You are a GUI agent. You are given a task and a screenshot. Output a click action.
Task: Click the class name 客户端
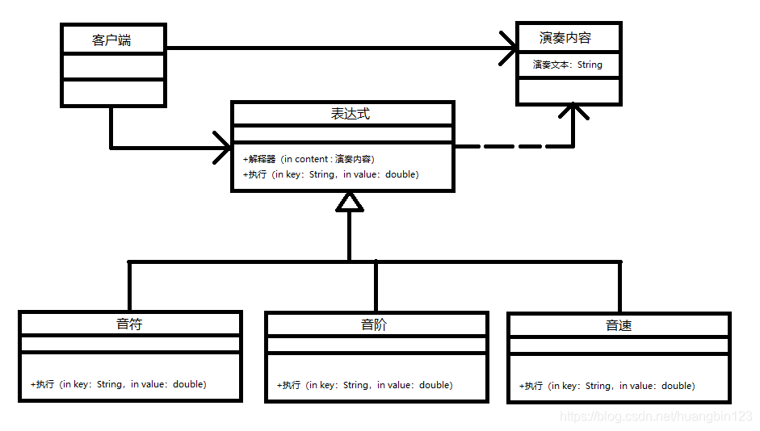112,40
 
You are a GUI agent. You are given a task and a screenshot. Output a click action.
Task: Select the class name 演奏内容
565,38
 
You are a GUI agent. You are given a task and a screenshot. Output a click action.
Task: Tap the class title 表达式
350,114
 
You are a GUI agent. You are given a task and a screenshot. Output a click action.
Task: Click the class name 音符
129,324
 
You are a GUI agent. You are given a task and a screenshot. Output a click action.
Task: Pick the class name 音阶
375,325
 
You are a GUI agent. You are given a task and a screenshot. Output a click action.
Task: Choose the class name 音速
619,325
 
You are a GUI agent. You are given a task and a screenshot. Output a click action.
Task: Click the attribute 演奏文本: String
567,65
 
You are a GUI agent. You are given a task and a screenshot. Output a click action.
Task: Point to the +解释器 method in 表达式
308,159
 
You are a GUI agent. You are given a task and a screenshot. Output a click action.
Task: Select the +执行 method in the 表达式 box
330,174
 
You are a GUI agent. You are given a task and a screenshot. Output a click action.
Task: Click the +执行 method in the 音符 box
118,384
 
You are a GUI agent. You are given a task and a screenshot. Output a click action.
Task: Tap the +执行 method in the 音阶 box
364,385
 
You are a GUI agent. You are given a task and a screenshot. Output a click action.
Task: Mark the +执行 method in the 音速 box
607,386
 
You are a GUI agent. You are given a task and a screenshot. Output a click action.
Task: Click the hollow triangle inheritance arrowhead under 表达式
349,202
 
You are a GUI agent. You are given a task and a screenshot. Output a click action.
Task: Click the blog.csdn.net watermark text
656,416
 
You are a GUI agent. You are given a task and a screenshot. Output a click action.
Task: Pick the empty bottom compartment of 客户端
113,93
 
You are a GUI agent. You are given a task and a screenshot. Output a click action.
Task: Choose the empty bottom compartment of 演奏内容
569,90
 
